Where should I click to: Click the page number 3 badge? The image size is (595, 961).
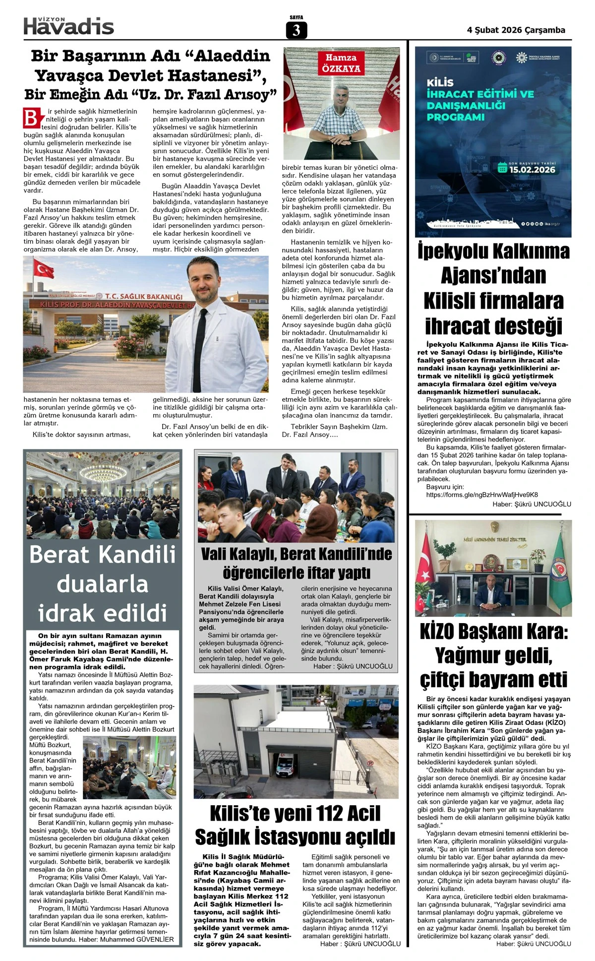tap(297, 30)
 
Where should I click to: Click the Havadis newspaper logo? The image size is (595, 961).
tap(69, 26)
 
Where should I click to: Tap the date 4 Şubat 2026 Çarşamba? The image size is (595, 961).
tap(516, 30)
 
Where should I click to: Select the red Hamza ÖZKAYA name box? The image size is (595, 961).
tap(341, 63)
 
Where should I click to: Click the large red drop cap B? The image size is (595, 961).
tap(31, 118)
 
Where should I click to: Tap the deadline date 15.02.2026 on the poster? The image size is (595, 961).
tap(532, 169)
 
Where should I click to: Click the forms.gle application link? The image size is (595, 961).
tap(482, 495)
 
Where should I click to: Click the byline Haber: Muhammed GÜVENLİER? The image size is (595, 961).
tap(137, 939)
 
